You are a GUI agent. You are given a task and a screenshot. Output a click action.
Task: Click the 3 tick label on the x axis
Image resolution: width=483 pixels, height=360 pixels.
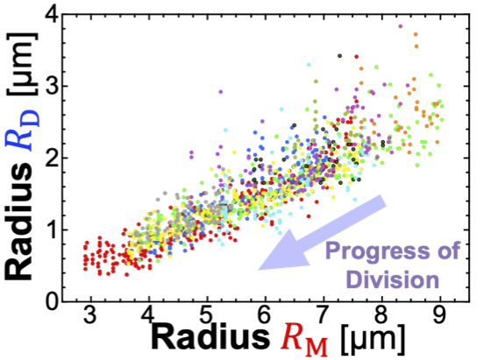tap(90, 314)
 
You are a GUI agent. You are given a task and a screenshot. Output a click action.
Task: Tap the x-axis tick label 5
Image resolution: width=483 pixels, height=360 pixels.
tap(207, 314)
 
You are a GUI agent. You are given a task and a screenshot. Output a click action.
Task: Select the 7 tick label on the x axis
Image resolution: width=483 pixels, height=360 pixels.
tap(323, 314)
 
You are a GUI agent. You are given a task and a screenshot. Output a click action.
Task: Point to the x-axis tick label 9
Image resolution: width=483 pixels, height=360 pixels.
tap(440, 314)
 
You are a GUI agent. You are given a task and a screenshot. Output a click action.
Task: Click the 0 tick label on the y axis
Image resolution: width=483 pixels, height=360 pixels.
tap(51, 301)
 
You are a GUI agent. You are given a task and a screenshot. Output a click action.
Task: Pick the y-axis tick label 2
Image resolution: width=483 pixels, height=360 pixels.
tap(51, 158)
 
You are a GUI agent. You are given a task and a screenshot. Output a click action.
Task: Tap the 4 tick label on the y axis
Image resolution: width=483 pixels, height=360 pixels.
tap(51, 14)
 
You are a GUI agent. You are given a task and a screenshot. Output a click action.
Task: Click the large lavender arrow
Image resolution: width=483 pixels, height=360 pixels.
tap(322, 233)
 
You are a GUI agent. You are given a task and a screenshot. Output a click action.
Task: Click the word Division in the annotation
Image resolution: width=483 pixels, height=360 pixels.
tap(393, 279)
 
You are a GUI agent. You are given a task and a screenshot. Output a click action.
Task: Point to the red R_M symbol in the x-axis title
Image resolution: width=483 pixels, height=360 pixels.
tap(303, 342)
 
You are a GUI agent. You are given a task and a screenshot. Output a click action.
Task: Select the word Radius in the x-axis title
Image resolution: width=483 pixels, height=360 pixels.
tap(210, 338)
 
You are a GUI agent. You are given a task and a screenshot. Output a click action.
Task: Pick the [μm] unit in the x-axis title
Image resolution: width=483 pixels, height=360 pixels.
tap(370, 339)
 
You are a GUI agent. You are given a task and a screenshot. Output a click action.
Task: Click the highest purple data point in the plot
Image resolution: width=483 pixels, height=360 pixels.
tap(401, 26)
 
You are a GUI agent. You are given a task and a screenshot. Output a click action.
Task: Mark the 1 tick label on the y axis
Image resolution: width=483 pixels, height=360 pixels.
tap(51, 229)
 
